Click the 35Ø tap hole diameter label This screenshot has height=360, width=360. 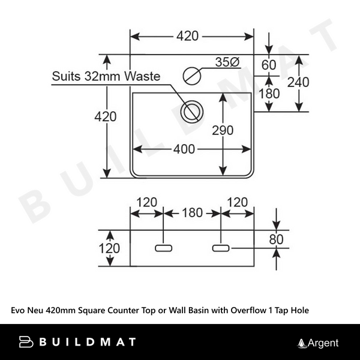point(227,62)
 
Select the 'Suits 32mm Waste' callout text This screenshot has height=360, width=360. point(106,76)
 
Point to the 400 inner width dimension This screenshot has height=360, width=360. point(184,149)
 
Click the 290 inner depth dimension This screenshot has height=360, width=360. point(222,130)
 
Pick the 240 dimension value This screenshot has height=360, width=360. point(298,82)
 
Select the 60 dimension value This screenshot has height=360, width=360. point(268,65)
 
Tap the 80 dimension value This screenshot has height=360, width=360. point(275,239)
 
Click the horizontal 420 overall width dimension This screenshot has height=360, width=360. point(187,36)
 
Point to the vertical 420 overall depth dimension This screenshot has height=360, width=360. point(106,117)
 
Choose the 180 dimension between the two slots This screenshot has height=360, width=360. point(191,212)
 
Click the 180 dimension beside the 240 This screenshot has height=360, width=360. point(269,94)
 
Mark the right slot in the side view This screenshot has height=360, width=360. point(220,247)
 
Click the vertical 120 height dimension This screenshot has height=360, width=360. point(109,248)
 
